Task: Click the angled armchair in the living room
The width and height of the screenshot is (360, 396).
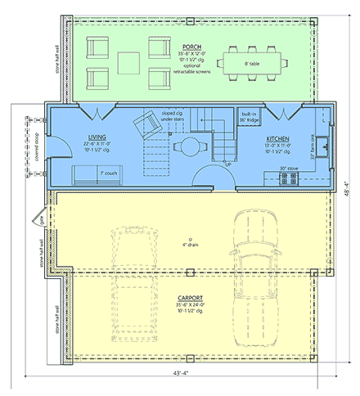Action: click(x=149, y=124)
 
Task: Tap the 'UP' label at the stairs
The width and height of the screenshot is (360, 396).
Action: click(x=227, y=164)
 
